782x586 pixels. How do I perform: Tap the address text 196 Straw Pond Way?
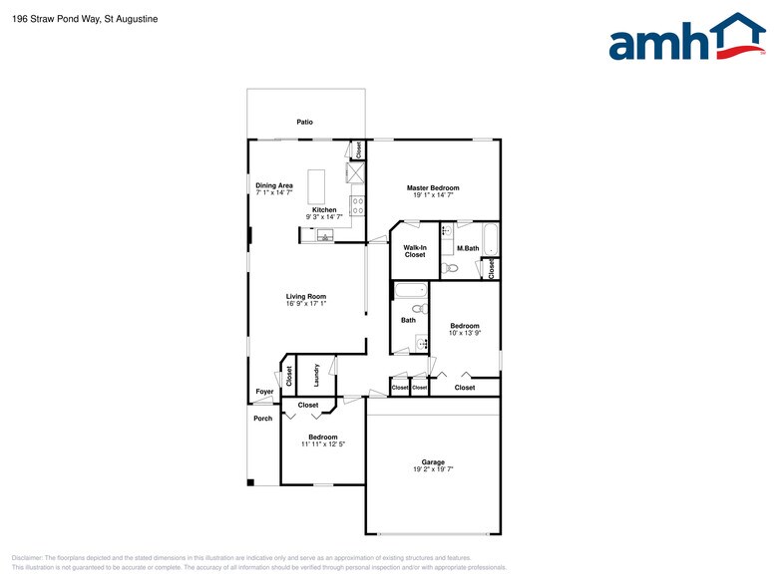click(x=56, y=19)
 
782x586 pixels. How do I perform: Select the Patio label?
click(x=305, y=122)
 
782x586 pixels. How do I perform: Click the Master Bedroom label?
click(x=433, y=187)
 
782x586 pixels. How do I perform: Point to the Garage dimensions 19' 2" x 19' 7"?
click(x=433, y=468)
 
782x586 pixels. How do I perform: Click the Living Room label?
click(x=305, y=296)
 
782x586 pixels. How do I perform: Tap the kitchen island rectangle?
click(x=316, y=187)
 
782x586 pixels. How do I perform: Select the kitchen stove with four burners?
click(x=358, y=205)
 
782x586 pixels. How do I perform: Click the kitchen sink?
click(x=325, y=235)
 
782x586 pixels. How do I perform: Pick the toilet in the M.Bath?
click(x=450, y=268)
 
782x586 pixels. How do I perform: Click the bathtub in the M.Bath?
click(x=491, y=239)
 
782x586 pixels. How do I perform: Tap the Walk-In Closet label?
click(x=415, y=251)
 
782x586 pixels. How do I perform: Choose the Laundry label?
click(x=316, y=375)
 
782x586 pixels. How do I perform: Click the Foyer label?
click(x=265, y=391)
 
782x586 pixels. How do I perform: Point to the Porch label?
click(x=263, y=419)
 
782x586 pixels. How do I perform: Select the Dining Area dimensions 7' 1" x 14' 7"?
click(x=274, y=192)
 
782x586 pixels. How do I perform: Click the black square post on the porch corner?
click(x=251, y=482)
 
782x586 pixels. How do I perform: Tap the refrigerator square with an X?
click(x=356, y=172)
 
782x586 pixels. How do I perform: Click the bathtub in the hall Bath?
click(x=411, y=291)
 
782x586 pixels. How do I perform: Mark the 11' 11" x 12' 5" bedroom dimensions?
click(x=323, y=444)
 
